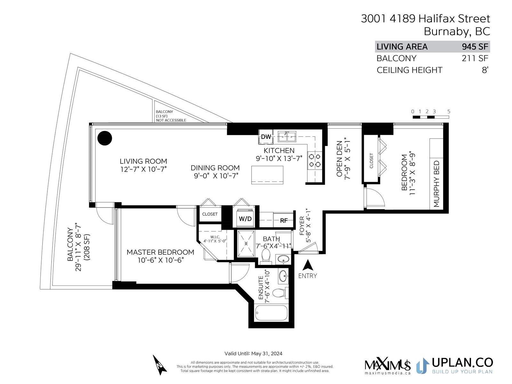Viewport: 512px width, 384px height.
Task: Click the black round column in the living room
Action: tap(105, 138)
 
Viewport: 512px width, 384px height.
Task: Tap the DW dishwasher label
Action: tap(266, 137)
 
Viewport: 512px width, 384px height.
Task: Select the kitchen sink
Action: tap(287, 137)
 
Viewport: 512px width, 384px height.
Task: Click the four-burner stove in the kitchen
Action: tap(315, 159)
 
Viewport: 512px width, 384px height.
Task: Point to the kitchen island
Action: tap(267, 175)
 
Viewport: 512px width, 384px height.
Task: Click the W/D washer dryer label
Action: tap(245, 219)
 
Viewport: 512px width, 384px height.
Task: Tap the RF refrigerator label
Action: tap(284, 220)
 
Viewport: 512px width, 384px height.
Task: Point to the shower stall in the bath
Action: tap(246, 244)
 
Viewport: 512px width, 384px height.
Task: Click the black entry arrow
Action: tap(308, 265)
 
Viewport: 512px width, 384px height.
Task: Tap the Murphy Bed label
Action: tap(436, 184)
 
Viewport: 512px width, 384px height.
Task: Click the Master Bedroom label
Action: tap(160, 252)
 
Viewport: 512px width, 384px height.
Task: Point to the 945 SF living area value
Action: tap(475, 47)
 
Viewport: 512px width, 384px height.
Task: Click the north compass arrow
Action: tap(160, 365)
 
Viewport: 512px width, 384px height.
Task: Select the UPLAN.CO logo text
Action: tap(462, 363)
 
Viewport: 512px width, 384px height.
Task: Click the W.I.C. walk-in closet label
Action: tap(215, 237)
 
